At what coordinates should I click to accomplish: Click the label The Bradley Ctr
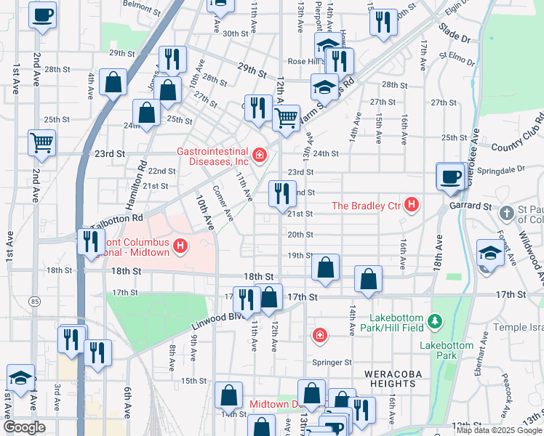point(367,206)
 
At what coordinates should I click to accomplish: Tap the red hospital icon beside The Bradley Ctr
point(412,205)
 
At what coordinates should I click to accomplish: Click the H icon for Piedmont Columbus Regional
point(179,247)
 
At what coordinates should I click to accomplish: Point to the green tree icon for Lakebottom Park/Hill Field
point(435,320)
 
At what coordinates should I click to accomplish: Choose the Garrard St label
point(472,206)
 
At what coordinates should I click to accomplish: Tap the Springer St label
point(333,362)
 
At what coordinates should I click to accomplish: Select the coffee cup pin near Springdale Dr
point(450,176)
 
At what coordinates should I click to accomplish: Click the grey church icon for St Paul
point(508,214)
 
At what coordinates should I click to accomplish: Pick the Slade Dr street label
point(454,34)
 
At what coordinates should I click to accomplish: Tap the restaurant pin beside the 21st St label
point(281,193)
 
